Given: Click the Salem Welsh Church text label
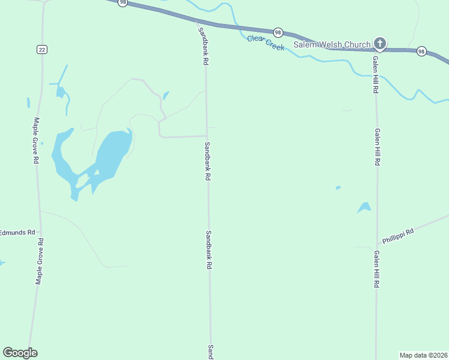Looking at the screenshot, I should coord(332,44).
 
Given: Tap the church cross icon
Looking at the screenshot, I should coord(379,43).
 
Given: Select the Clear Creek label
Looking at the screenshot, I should coord(265,43).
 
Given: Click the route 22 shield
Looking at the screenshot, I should coord(41,49).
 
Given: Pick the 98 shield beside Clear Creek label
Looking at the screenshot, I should coord(277,32).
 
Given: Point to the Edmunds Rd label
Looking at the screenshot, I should coord(17,232).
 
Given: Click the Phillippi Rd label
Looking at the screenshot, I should coord(398,235).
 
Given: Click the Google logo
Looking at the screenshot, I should coord(20,353).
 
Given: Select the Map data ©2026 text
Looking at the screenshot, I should coord(423,355).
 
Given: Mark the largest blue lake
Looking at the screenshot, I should coord(111,153).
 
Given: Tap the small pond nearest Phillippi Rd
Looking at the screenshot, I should coord(364,208).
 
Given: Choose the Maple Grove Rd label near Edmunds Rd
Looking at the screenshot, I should coord(40,262).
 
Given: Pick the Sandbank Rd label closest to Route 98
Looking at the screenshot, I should coord(204,46).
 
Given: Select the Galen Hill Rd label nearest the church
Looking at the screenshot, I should coord(375,73).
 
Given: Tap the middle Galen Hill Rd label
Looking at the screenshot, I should coord(378,147).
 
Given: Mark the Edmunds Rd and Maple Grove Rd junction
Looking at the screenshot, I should coord(40,232).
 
